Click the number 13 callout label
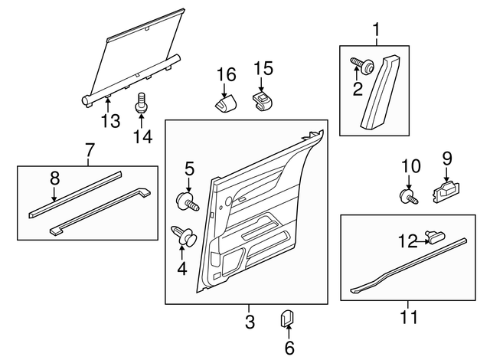(110, 121)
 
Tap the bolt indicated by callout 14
(142, 103)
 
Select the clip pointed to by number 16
(225, 102)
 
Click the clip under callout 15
(263, 100)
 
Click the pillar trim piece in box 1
(381, 92)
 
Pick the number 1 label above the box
(377, 30)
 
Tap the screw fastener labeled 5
(188, 202)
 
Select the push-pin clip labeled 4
(184, 235)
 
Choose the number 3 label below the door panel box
(250, 321)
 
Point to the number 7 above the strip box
(90, 150)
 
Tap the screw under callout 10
(409, 197)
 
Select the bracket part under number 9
(446, 192)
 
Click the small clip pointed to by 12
(436, 237)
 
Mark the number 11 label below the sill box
(409, 317)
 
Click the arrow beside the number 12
(423, 241)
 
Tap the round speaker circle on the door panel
(228, 201)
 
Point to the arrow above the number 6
(288, 332)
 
